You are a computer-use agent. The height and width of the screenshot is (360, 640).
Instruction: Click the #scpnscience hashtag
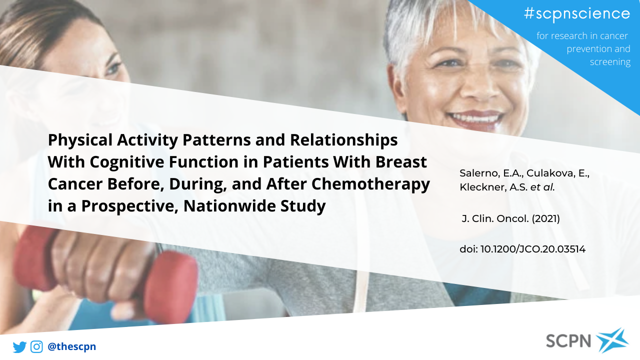(577, 13)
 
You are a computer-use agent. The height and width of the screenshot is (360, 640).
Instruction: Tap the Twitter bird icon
(19, 347)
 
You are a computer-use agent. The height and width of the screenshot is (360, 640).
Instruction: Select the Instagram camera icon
(36, 347)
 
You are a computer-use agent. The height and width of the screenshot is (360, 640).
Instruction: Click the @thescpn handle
(71, 346)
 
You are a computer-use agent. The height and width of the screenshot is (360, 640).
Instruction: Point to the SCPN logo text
(568, 341)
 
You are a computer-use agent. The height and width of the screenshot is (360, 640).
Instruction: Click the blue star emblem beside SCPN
(612, 340)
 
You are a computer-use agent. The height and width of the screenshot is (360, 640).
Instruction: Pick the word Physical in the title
(80, 140)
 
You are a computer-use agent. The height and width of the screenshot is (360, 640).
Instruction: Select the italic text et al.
(542, 187)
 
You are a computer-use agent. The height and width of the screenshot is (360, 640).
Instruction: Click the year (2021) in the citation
(545, 219)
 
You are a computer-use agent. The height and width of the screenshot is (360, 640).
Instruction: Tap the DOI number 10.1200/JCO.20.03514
(533, 249)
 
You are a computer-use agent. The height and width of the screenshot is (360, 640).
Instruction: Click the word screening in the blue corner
(610, 62)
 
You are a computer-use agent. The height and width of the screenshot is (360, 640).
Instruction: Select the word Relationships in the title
(343, 140)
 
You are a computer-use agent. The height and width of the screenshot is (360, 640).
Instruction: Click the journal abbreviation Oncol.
(513, 219)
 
